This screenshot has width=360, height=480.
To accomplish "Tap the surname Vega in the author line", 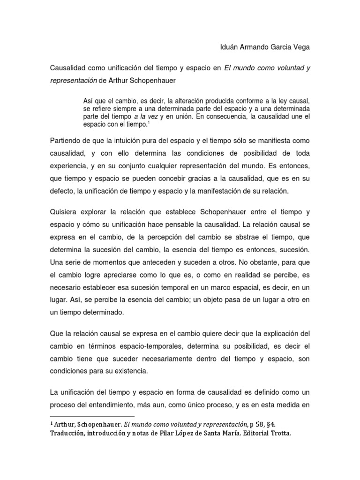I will click(x=300, y=47).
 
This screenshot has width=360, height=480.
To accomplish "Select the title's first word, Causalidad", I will click(x=69, y=68).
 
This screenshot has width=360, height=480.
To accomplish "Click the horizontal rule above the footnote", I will click(x=92, y=416).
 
